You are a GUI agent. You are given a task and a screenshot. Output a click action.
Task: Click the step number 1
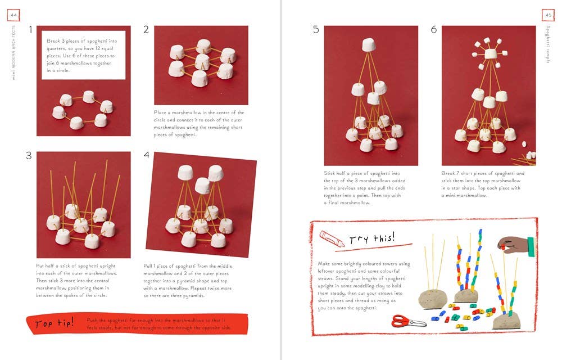30,29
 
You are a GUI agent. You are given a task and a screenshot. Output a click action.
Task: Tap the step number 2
146,29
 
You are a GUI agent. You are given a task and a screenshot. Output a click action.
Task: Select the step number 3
29,155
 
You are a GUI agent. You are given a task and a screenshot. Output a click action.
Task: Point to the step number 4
146,155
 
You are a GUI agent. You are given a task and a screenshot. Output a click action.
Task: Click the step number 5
316,29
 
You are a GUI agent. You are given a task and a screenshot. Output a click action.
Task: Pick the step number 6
434,29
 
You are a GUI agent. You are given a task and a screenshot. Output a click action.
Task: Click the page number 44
13,15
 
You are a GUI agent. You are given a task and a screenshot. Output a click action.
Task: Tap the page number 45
549,15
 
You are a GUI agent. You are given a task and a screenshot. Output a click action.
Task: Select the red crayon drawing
332,238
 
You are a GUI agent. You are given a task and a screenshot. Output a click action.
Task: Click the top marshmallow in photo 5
369,45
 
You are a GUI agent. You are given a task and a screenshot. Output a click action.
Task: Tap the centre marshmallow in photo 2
202,62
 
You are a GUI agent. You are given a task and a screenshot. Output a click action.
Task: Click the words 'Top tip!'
55,323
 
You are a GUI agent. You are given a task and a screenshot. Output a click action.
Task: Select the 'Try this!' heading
373,238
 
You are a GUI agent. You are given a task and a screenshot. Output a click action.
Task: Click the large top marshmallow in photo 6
491,54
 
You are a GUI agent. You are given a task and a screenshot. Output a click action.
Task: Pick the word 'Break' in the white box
53,41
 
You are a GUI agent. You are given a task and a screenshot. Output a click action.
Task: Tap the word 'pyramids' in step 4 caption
194,296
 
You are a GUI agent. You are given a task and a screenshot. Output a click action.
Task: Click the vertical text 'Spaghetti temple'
548,44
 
